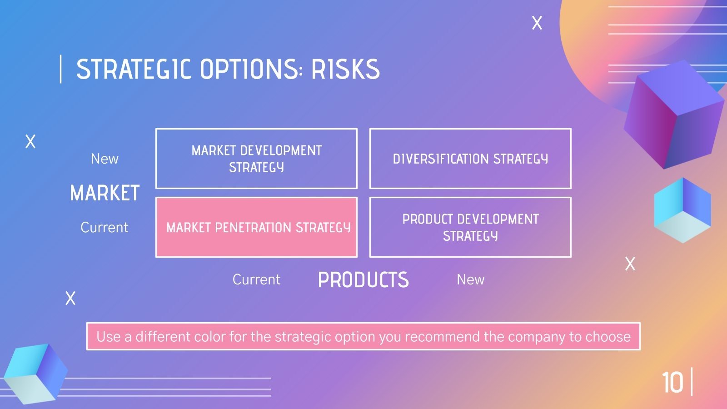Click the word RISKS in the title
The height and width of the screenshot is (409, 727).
coord(345,70)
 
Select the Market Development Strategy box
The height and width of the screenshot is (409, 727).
coord(256,159)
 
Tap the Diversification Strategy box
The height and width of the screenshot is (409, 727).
coord(470,159)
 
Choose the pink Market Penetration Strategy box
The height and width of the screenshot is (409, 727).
coord(256,227)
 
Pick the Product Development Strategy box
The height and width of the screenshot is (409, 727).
coord(470,227)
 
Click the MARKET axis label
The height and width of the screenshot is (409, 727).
coord(105,193)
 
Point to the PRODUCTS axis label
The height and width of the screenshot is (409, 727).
coord(363,280)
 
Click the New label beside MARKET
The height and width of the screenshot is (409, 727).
coord(105,159)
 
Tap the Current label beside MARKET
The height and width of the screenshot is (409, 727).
coord(105,227)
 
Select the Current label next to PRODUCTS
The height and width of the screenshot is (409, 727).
coord(256,279)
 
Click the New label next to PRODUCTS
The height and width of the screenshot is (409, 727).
coord(470,279)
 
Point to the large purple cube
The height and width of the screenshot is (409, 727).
coord(672,114)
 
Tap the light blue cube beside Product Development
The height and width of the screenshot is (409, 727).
coord(682,210)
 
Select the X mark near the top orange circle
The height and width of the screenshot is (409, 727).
coord(537,23)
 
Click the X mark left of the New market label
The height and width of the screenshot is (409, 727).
coord(30,141)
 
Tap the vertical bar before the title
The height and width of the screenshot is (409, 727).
coord(61,69)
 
